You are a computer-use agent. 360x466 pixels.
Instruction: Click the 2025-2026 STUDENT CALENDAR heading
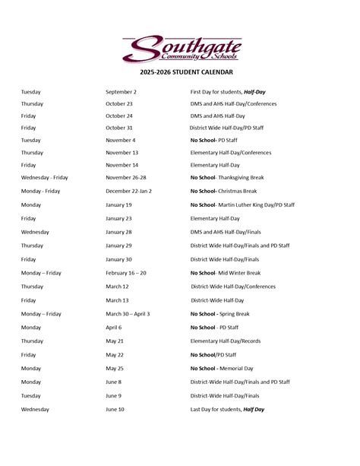[x=180, y=72]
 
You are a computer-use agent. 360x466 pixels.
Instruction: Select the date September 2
[x=121, y=91]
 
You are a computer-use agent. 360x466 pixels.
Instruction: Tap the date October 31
[x=119, y=128]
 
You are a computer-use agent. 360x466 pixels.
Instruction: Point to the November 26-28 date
[x=127, y=177]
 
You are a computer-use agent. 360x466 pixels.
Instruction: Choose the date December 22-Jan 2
[x=128, y=191]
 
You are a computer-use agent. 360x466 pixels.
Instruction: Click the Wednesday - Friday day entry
[x=45, y=177]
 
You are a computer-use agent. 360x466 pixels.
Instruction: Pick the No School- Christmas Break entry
[x=226, y=191]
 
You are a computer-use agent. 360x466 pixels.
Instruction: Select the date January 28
[x=118, y=232]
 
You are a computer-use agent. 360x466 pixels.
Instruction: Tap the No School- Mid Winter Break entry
[x=225, y=273]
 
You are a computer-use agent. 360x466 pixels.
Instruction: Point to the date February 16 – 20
[x=126, y=273]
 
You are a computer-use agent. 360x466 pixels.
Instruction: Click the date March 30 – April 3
[x=128, y=314]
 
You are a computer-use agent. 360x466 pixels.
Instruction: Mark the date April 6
[x=113, y=328]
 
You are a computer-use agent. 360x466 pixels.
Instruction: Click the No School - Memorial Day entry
[x=223, y=369]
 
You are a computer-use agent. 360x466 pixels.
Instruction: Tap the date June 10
[x=115, y=410]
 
